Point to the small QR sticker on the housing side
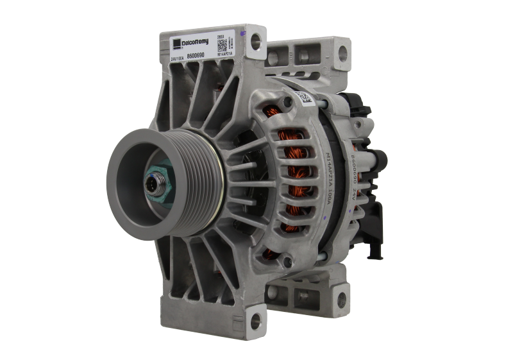pos(303,98)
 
